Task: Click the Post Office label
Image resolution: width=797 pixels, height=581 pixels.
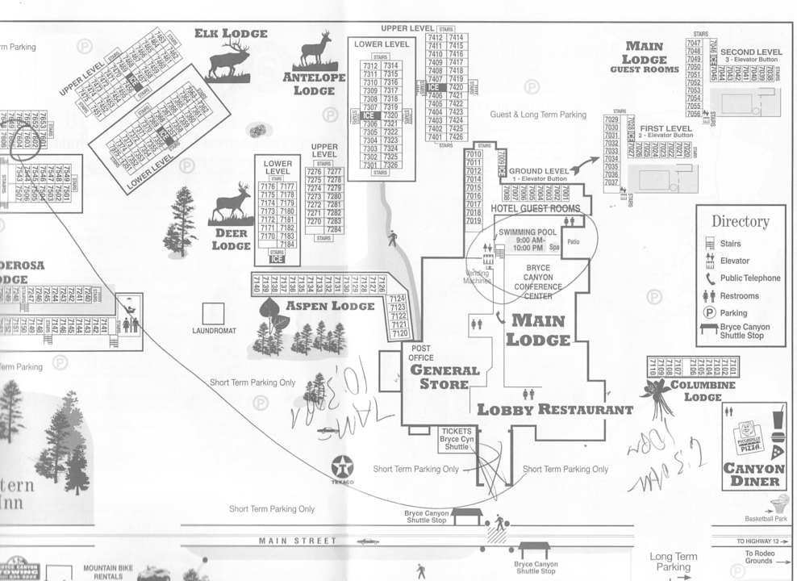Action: tap(420, 353)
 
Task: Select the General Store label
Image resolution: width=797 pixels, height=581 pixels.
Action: tap(444, 377)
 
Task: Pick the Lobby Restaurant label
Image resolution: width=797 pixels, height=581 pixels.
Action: tap(555, 409)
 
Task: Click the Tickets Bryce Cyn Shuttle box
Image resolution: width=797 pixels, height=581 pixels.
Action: tap(456, 438)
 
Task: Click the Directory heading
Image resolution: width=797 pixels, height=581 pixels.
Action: tap(740, 221)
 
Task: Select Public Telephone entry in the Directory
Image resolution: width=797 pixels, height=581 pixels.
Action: tap(749, 278)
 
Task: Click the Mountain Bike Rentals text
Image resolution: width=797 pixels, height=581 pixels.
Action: tap(107, 571)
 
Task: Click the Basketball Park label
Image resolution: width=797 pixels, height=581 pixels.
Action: tap(764, 518)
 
